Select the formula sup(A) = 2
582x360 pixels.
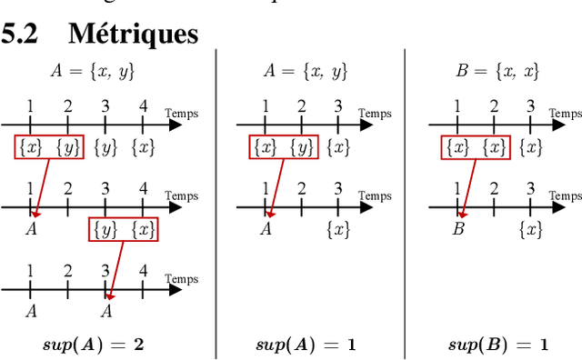(x=94, y=345)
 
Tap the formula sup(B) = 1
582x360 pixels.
(x=498, y=345)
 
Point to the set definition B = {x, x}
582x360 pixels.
(x=497, y=71)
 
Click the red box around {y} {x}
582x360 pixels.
(x=124, y=229)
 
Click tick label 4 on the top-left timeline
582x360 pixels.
(x=143, y=106)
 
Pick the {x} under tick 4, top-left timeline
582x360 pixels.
(x=143, y=147)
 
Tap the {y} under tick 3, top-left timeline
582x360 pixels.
(x=106, y=147)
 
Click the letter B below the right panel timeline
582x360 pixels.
(x=458, y=229)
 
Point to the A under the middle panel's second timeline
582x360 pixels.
(x=266, y=229)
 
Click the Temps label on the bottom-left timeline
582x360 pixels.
(x=181, y=277)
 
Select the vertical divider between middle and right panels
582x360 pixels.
(x=405, y=200)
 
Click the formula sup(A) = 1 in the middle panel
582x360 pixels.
(x=305, y=345)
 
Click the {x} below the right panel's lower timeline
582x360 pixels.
(x=530, y=229)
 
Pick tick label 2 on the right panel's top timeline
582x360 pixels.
(x=494, y=106)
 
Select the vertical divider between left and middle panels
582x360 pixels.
(x=216, y=200)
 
